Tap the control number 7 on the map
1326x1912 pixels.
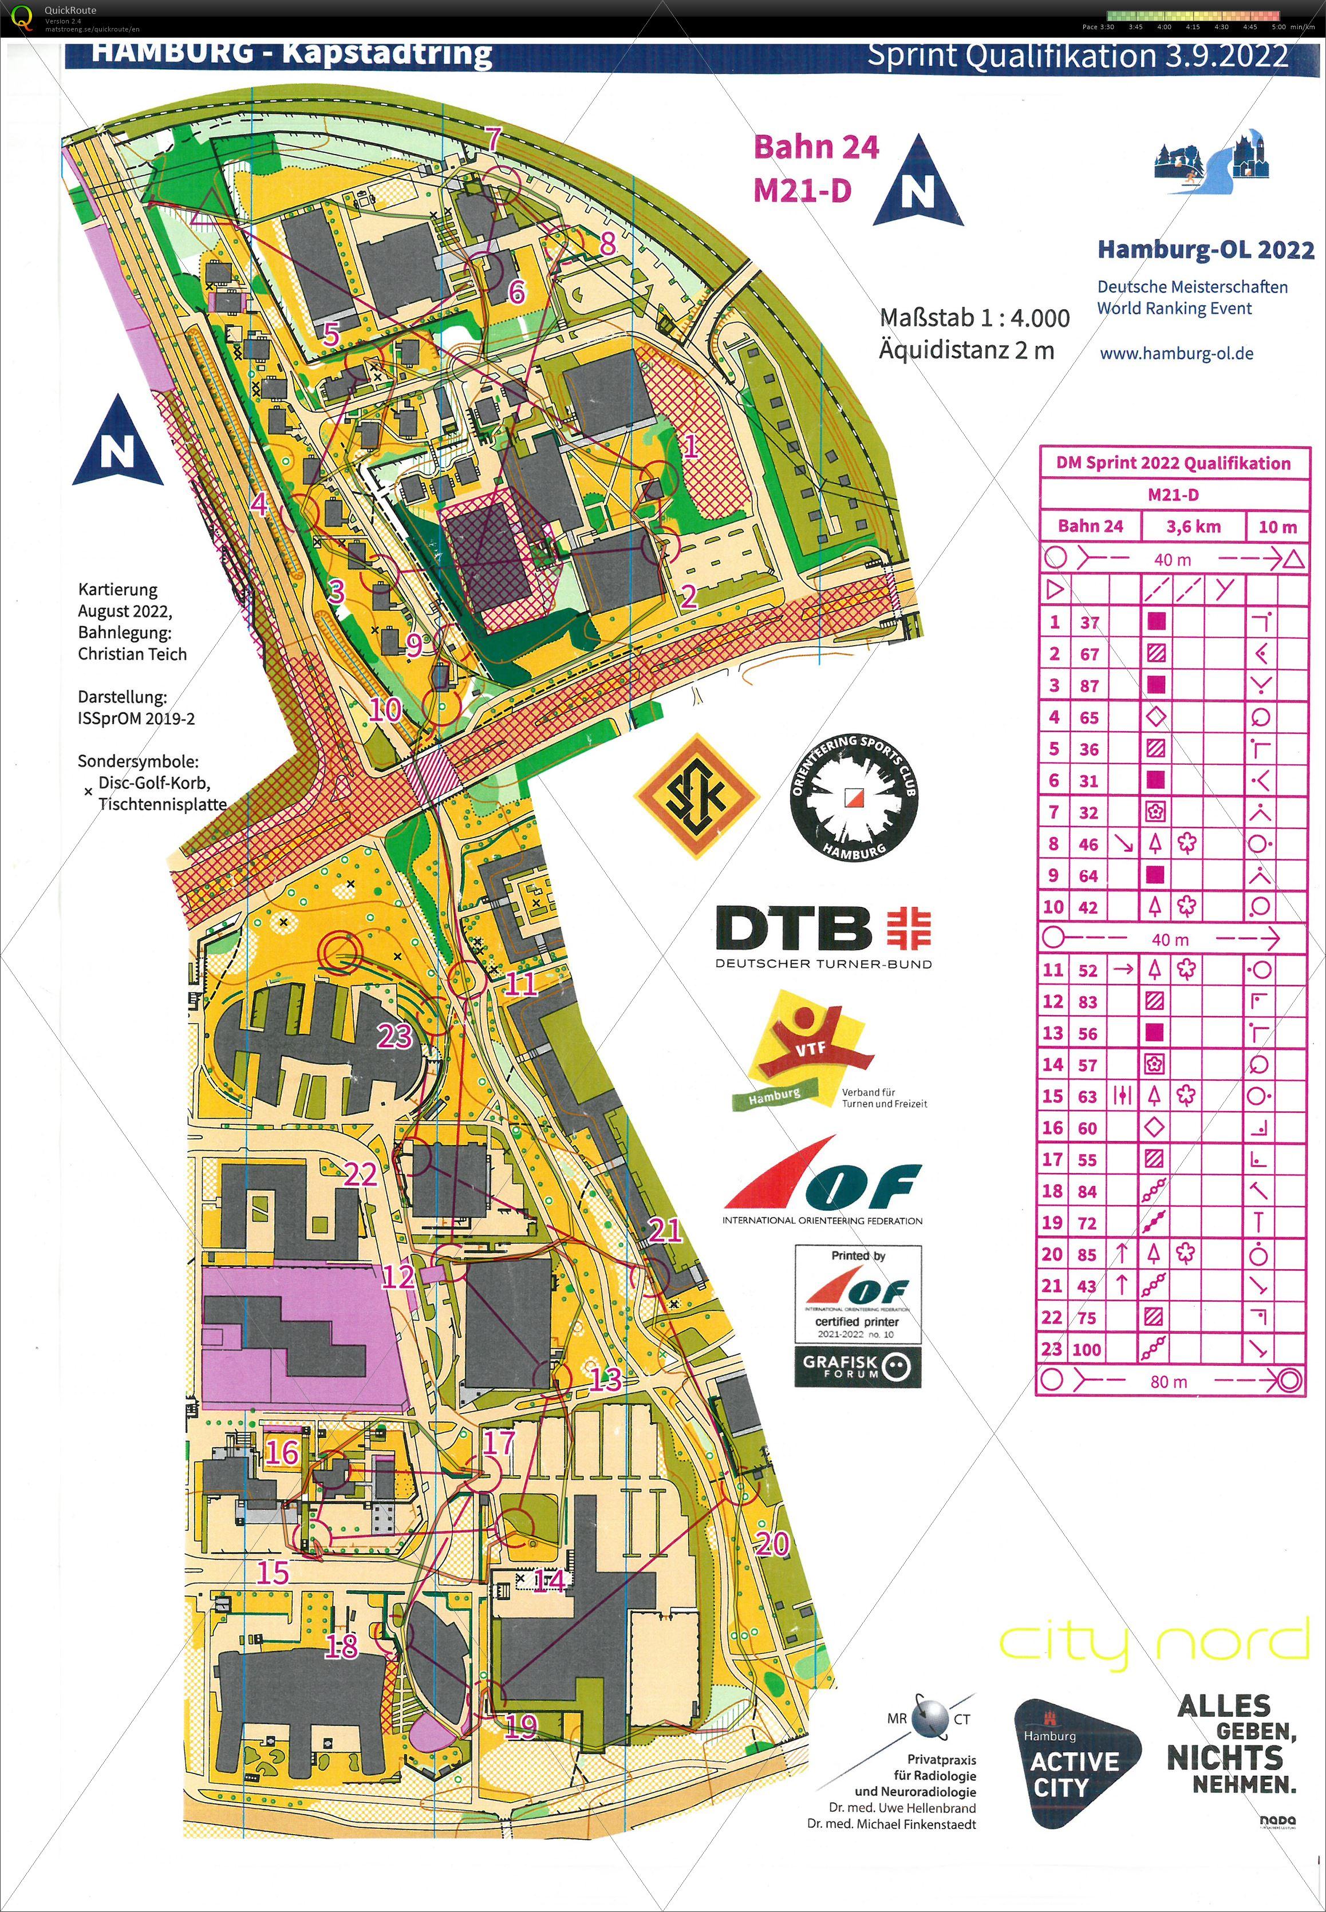click(x=494, y=139)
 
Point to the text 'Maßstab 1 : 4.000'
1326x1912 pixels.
click(x=974, y=318)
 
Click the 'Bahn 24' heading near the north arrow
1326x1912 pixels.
click(x=815, y=147)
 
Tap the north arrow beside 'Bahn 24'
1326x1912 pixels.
click(x=917, y=182)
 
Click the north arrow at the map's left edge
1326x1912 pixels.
click(x=117, y=443)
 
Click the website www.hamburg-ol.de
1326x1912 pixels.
click(x=1177, y=353)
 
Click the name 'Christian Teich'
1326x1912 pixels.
click(x=132, y=654)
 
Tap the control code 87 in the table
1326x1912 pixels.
click(x=1088, y=685)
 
